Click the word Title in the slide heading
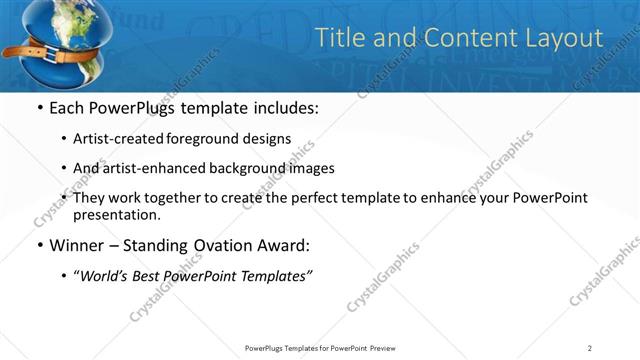338,38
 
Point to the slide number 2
590,347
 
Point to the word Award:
283,245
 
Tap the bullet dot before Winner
39,245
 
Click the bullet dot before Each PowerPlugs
39,108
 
